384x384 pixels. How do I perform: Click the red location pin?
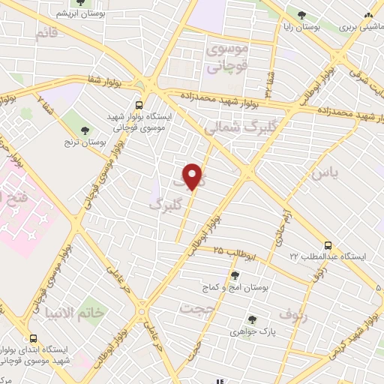[193, 177]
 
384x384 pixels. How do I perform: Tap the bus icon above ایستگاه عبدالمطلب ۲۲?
[328, 245]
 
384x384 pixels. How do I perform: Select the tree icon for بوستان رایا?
[301, 15]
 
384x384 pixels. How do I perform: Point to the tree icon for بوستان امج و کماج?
[235, 275]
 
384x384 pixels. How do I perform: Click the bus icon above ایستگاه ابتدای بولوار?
[32, 338]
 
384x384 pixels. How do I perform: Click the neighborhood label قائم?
[45, 34]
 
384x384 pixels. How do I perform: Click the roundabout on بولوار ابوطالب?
[142, 309]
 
